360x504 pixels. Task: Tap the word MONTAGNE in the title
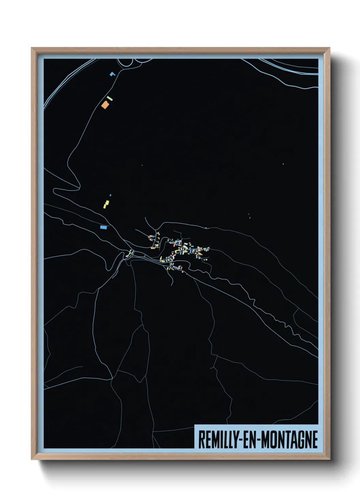pyautogui.click(x=289, y=440)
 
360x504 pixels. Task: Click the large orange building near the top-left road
pyautogui.click(x=105, y=105)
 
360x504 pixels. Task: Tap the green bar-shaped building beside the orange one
pyautogui.click(x=110, y=98)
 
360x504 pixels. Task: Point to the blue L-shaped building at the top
pyautogui.click(x=112, y=74)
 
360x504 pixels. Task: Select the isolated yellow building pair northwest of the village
pyautogui.click(x=106, y=204)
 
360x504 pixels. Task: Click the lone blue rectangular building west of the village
pyautogui.click(x=103, y=227)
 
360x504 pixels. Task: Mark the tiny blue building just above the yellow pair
pyautogui.click(x=110, y=195)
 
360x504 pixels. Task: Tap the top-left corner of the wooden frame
pyautogui.click(x=32, y=48)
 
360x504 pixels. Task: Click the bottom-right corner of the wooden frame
pyautogui.click(x=329, y=459)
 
